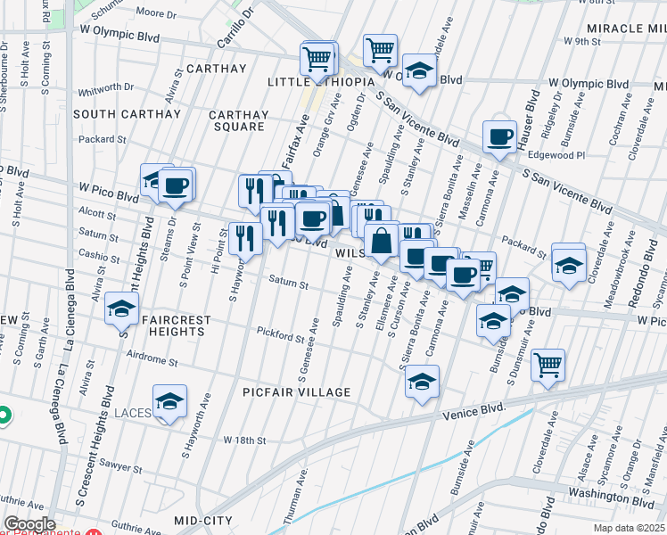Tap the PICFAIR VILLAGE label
point(297,392)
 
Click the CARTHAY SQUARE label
point(238,120)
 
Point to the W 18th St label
point(245,440)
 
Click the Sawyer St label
point(120,467)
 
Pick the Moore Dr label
point(157,13)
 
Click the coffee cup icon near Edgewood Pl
point(500,136)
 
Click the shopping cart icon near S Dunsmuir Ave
point(548,364)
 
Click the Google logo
point(29,524)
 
